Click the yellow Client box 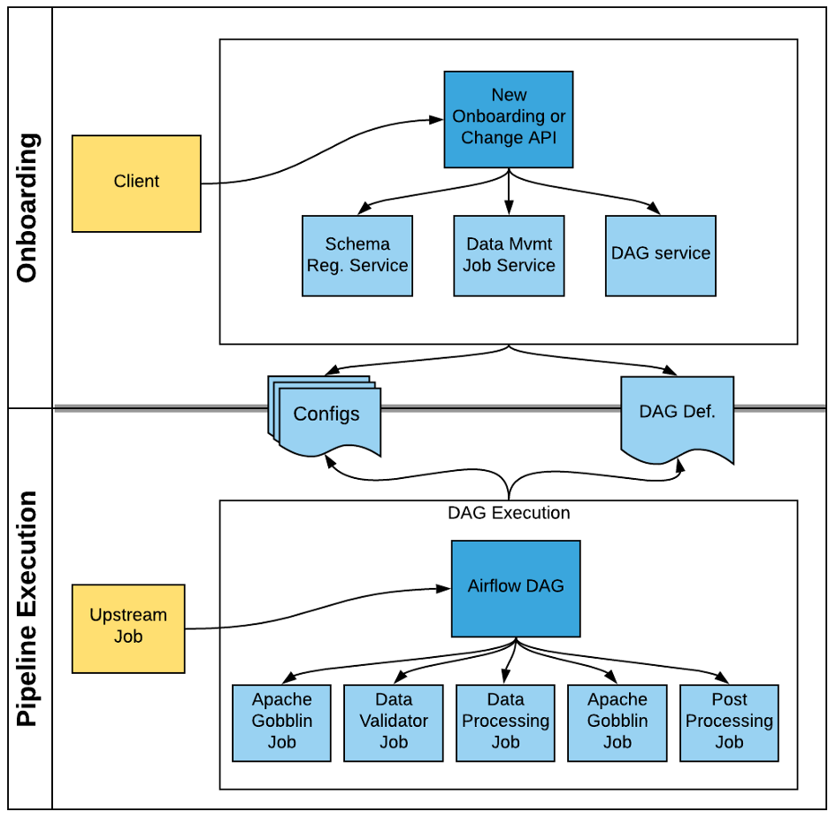(x=136, y=183)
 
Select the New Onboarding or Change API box (x=509, y=120)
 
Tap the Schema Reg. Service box (x=357, y=256)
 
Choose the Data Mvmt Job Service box (x=509, y=256)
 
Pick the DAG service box (x=661, y=256)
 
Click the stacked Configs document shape (x=325, y=416)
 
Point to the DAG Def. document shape (x=677, y=419)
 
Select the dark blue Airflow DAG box (x=516, y=589)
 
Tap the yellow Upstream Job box (x=128, y=629)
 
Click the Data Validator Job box (x=394, y=723)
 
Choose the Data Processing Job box (x=505, y=723)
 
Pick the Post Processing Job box (x=729, y=723)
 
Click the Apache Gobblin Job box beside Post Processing (x=617, y=723)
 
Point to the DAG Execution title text (x=509, y=513)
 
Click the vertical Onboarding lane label (x=27, y=207)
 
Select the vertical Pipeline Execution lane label (x=27, y=609)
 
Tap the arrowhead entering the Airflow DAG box (x=443, y=589)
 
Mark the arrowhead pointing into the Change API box (x=437, y=120)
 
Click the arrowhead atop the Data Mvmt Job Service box (x=509, y=208)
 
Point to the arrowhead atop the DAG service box (x=654, y=209)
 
